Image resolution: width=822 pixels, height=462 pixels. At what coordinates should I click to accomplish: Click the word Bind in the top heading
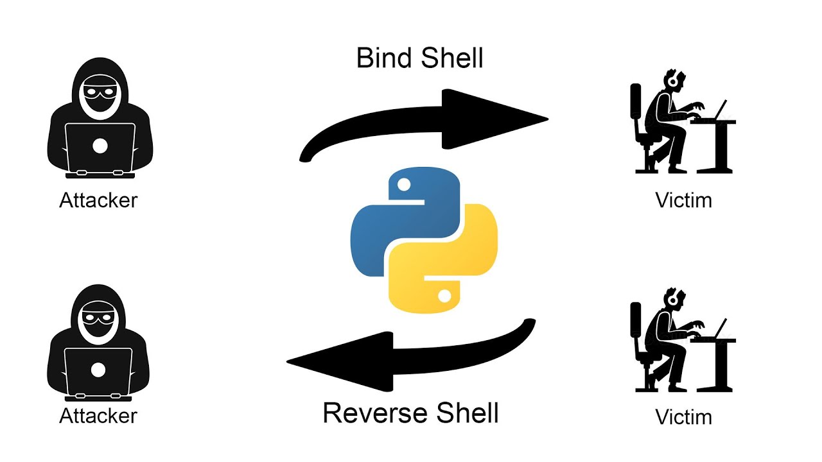384,58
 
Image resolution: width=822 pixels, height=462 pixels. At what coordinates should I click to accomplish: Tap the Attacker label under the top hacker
98,200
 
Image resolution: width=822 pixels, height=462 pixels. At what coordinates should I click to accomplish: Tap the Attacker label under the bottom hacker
98,416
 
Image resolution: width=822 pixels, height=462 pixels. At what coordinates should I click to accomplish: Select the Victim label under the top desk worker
683,200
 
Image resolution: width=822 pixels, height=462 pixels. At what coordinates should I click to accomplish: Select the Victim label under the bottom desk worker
683,417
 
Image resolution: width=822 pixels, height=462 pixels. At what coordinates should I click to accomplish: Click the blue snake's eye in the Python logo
404,185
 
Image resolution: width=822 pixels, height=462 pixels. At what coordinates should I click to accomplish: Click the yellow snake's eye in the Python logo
444,295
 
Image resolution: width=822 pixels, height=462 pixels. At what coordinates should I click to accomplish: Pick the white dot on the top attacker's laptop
100,146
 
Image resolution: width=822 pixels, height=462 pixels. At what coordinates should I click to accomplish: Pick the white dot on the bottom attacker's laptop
98,370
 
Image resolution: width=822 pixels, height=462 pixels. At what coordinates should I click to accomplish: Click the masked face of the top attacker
100,95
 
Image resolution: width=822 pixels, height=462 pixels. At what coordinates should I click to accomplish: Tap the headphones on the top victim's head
672,80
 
